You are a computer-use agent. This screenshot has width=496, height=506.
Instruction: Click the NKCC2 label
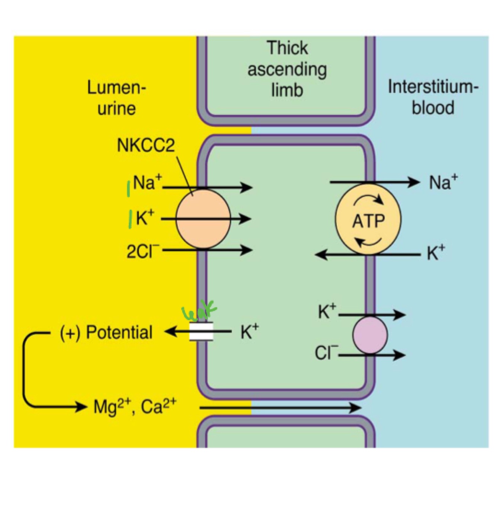tap(145, 145)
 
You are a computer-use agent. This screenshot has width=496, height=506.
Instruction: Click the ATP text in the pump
tap(368, 221)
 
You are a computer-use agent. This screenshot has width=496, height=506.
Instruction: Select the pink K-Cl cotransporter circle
tap(370, 335)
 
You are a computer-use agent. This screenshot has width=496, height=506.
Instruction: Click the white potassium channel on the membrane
tap(201, 331)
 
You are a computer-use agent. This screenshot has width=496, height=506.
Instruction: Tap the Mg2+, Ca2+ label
tap(135, 406)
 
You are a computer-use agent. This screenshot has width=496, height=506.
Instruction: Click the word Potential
tap(119, 332)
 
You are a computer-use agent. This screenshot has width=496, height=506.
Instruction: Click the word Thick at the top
tap(287, 48)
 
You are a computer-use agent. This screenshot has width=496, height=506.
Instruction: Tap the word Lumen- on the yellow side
tap(116, 88)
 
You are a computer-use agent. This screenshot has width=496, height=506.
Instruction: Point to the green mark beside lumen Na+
tap(128, 188)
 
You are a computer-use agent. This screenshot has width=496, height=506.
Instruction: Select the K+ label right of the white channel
tap(249, 331)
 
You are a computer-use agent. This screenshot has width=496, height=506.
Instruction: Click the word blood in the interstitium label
tap(433, 107)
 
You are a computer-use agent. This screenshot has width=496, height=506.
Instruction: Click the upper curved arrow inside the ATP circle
tap(368, 200)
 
